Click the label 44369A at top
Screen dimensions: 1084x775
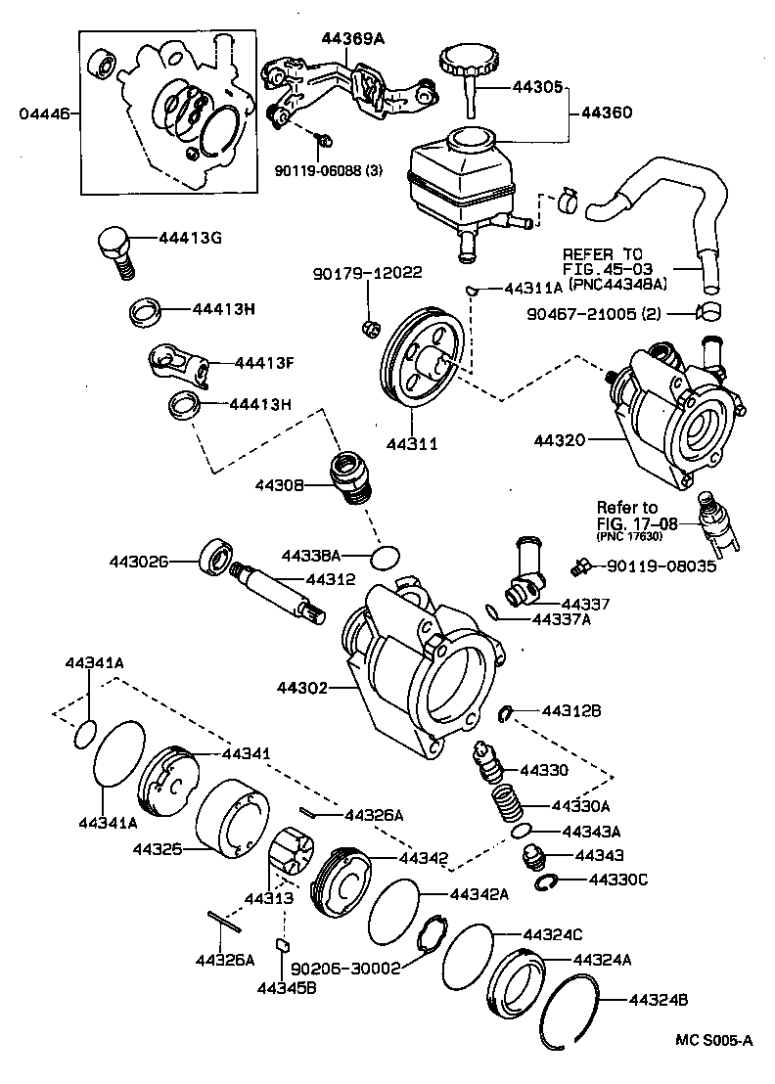point(353,38)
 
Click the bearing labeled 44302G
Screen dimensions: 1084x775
point(216,558)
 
